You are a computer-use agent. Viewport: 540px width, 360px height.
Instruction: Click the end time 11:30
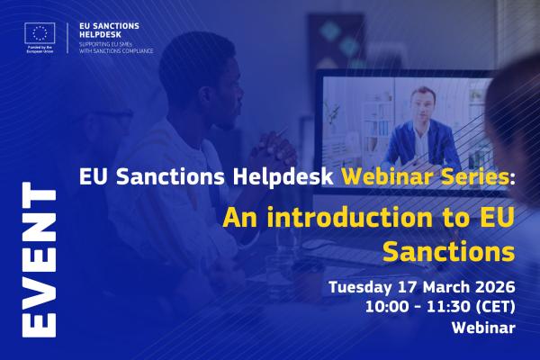[442, 307]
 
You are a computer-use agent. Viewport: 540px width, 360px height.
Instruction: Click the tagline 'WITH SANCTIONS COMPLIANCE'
[115, 51]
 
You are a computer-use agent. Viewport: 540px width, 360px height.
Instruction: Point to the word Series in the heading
[482, 177]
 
